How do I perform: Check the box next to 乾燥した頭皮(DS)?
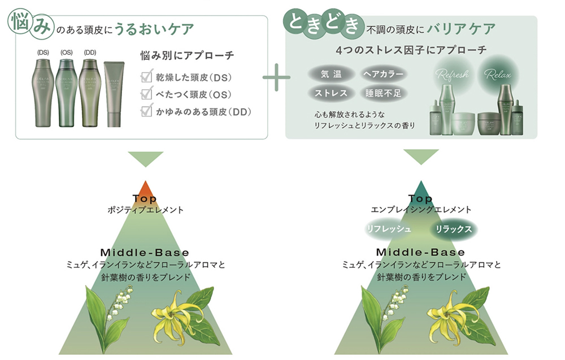coord(146,77)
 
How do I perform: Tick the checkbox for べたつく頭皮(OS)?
coord(146,94)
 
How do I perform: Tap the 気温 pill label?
coord(328,74)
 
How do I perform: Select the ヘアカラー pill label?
coord(383,74)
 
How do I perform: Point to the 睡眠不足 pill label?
coord(383,93)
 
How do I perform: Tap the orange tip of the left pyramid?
coord(145,188)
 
